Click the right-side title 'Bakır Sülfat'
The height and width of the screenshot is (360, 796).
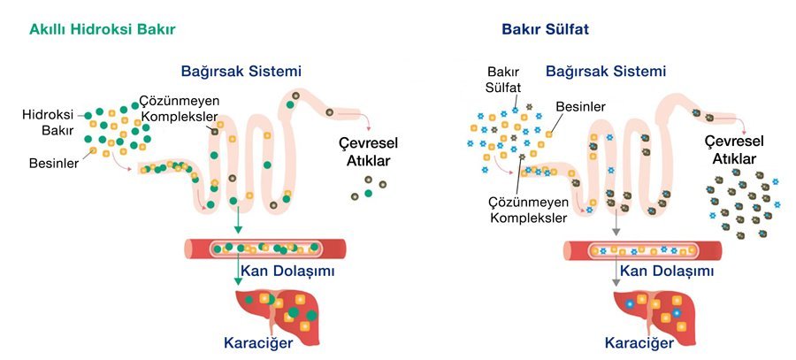(545, 29)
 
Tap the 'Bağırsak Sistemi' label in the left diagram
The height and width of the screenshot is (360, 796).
(241, 71)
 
